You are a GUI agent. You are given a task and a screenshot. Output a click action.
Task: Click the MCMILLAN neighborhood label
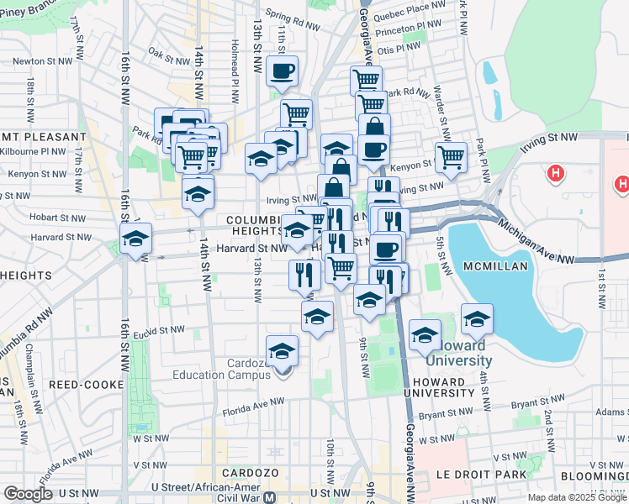494,266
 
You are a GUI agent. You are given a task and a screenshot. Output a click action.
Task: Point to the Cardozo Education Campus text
225,369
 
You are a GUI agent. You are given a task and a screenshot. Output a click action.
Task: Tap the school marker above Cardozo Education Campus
283,351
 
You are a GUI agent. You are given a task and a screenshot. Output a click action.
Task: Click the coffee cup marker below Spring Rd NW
283,71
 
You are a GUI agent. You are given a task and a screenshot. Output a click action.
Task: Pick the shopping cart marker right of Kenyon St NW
452,156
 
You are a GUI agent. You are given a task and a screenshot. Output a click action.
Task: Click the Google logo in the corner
28,494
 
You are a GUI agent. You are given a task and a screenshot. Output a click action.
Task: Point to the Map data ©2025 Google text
576,497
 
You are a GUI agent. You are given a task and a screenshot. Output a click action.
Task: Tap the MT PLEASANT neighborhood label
44,136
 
